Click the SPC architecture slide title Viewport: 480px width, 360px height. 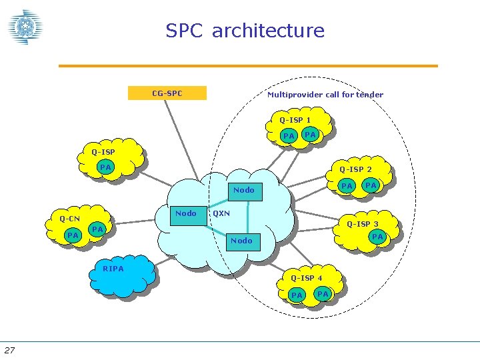[245, 31]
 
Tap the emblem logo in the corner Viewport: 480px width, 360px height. [25, 27]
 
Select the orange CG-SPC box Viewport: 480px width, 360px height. [167, 93]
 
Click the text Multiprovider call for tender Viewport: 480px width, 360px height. [325, 95]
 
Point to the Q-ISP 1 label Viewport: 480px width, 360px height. [295, 120]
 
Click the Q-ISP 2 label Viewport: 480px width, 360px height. [355, 169]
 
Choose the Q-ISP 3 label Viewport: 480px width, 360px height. [362, 224]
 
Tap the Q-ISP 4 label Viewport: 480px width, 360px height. [306, 278]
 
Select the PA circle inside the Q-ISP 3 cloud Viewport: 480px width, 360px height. [377, 237]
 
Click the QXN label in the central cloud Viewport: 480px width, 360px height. [221, 214]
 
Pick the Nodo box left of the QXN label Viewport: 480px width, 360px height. [185, 214]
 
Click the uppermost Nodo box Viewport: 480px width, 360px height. [243, 190]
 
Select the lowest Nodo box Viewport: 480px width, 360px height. [241, 241]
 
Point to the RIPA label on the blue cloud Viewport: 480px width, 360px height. [113, 269]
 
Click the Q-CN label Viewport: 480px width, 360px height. [69, 219]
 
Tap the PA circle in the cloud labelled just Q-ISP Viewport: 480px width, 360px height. [105, 167]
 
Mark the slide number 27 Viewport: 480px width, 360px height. [9, 351]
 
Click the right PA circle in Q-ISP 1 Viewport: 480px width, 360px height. [310, 135]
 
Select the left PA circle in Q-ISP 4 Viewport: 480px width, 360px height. [297, 295]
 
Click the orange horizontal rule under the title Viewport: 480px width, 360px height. [248, 66]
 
